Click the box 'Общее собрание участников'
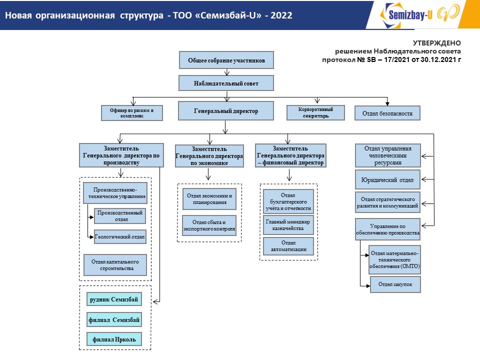point(226,60)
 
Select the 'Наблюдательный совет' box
point(226,82)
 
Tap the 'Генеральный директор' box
point(226,111)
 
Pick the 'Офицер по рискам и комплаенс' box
point(132,113)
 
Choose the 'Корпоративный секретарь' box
point(315,112)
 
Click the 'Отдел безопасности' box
point(387,113)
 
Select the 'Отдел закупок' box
point(395,284)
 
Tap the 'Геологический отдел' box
point(120,236)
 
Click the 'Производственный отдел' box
point(120,216)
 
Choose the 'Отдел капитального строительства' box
point(115,265)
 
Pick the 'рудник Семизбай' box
point(113,299)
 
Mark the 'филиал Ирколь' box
point(113,339)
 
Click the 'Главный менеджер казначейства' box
point(288,224)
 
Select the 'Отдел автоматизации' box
point(288,246)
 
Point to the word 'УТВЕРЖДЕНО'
point(437,43)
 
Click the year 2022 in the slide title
point(281,15)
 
